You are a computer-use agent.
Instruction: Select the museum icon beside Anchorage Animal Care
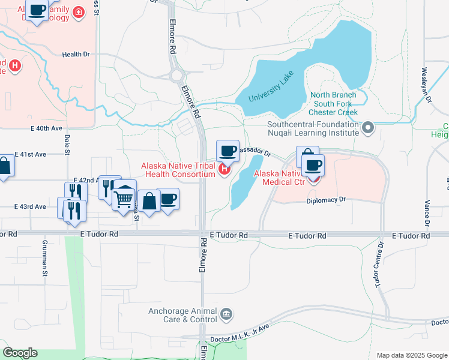[226, 314]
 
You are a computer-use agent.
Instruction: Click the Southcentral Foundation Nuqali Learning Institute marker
[369, 127]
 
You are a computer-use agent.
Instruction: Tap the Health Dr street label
[76, 55]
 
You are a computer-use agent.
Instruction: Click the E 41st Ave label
[30, 154]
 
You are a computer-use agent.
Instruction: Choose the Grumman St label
[45, 263]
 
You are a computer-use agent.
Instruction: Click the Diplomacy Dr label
[326, 200]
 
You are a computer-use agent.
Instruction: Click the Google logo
[20, 353]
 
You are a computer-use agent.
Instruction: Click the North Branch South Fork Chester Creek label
[333, 104]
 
